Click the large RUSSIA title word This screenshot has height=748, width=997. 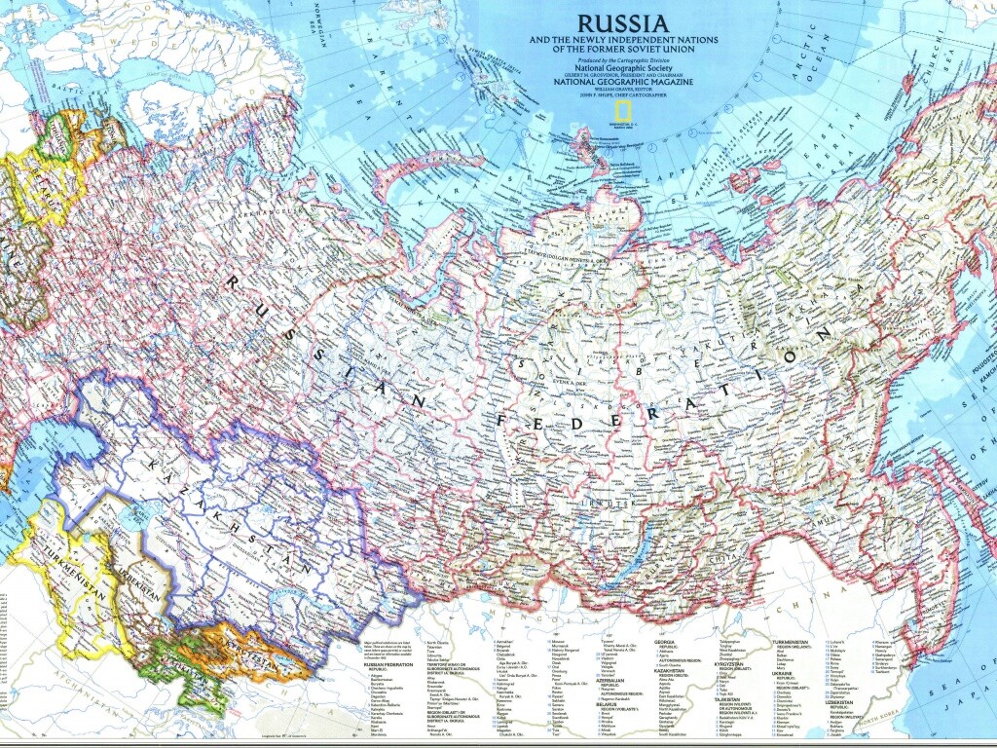pos(622,22)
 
